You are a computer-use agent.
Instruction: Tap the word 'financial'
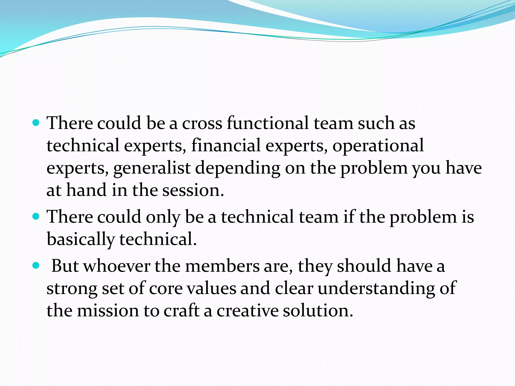(x=226, y=145)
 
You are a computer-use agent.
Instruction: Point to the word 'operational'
(x=378, y=146)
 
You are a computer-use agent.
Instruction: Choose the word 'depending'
(x=238, y=168)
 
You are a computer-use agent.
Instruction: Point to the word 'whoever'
(x=117, y=266)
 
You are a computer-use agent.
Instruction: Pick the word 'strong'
(x=72, y=288)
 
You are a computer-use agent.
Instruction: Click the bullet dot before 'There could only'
(x=36, y=216)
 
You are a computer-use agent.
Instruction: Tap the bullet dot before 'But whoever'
(x=36, y=265)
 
